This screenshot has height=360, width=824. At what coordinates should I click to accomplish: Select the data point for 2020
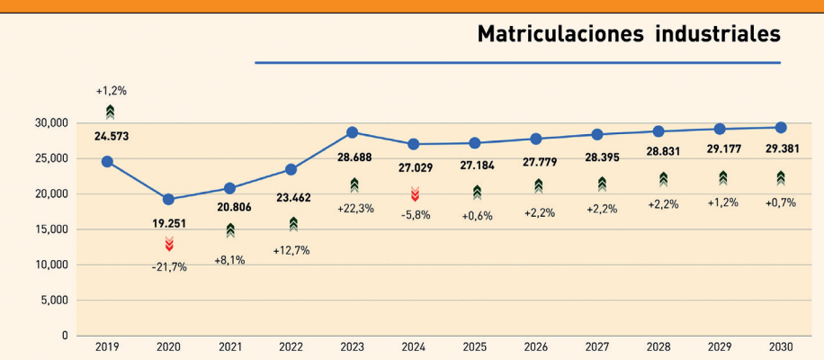[x=168, y=199]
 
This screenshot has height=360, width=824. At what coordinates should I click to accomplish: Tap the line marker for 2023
[x=353, y=132]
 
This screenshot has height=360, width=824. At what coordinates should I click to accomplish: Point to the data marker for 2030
[x=781, y=128]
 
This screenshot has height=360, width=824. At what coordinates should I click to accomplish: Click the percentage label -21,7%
[x=168, y=267]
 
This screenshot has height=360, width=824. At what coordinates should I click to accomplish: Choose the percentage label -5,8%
[x=415, y=215]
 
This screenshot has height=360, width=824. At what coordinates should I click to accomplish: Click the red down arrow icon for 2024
[x=415, y=193]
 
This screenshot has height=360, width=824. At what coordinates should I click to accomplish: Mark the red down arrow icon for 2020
[x=168, y=244]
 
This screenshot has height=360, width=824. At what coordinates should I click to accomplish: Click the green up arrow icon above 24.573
[x=110, y=112]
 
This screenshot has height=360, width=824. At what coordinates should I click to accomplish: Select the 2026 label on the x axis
[x=537, y=346]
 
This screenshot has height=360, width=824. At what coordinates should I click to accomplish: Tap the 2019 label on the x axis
[x=107, y=346]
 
